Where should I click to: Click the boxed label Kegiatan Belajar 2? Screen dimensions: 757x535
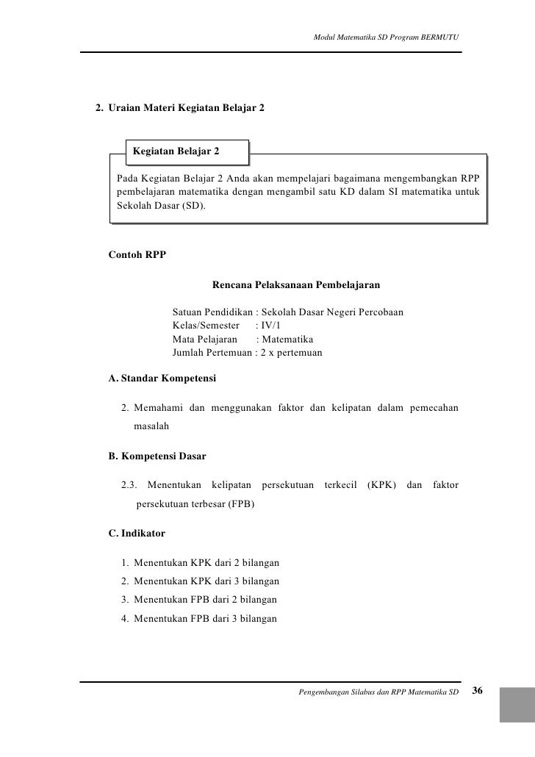[x=176, y=152]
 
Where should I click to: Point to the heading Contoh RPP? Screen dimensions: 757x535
[x=137, y=256]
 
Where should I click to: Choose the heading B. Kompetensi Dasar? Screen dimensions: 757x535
[x=157, y=456]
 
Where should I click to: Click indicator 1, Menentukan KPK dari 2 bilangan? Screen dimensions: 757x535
[x=206, y=564]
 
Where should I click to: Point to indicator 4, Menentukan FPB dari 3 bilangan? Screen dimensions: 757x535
[x=205, y=619]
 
